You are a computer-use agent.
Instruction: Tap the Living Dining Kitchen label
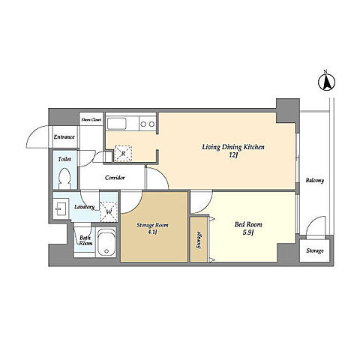[233, 147]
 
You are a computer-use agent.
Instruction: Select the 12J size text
[232, 155]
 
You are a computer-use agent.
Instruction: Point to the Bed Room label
[248, 224]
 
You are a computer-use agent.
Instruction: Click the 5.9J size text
[248, 233]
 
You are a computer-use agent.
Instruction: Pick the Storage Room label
[152, 225]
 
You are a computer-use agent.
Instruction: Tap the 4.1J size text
[152, 232]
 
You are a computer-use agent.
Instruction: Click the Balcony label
[315, 180]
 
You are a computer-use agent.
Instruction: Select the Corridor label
[115, 178]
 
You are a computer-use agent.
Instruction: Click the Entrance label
[64, 137]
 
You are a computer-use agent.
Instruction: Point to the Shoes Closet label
[91, 120]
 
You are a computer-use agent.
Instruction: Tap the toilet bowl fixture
[64, 178]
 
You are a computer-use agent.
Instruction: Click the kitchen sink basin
[116, 124]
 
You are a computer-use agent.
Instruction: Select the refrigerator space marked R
[123, 154]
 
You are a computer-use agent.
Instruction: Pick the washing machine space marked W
[109, 211]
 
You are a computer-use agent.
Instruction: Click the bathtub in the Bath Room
[106, 241]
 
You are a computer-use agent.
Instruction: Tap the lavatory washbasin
[60, 208]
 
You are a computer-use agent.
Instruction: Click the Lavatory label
[85, 207]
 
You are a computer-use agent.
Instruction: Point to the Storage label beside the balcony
[315, 250]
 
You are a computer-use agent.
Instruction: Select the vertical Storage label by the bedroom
[199, 240]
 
